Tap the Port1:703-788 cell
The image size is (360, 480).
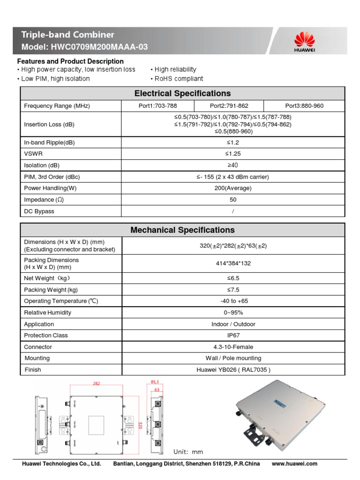157,106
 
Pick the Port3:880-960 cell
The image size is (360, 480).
304,106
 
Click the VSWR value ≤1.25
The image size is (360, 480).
233,154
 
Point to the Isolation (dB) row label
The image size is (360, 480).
42,165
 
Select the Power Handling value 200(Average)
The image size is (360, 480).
233,188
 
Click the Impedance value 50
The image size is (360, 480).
233,200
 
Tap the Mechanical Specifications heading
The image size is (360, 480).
182,230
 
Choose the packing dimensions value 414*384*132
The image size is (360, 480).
233,263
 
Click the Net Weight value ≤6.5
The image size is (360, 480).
233,278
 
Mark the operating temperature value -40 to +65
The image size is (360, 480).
233,301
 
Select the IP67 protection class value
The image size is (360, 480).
233,336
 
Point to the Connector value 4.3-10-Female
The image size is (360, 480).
233,347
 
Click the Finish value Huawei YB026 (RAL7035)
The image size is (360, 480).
233,370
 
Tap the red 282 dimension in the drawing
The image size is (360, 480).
96,383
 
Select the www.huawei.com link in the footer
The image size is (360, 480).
294,464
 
